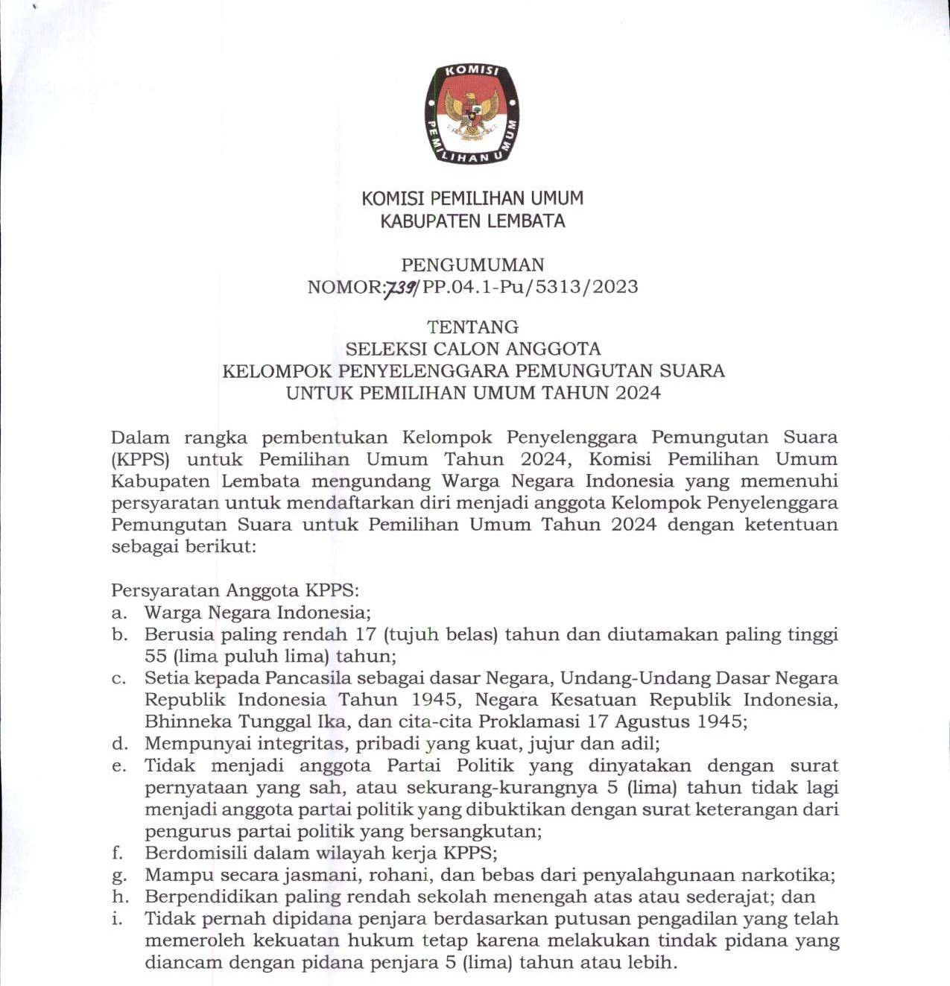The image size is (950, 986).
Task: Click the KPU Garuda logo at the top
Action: pos(472,114)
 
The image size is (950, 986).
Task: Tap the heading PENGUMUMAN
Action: pos(472,265)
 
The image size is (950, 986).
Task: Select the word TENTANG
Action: pos(472,326)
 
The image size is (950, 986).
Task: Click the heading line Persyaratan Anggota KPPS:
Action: pos(235,591)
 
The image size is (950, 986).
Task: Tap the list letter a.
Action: pos(118,613)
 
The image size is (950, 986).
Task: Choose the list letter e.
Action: pos(118,766)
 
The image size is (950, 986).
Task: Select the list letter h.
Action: pos(118,897)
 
